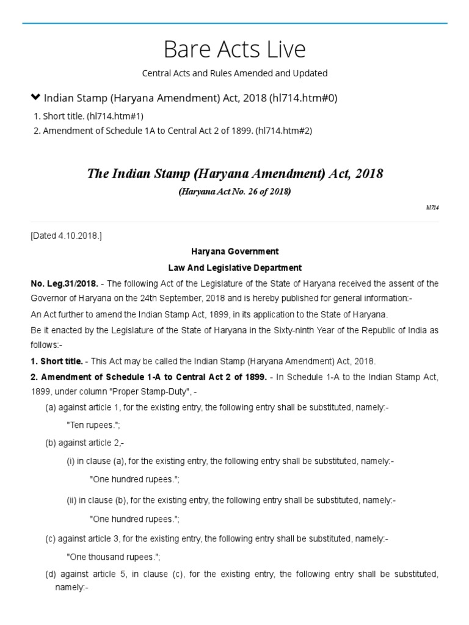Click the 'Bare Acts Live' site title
(234, 49)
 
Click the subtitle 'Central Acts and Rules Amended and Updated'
(234, 73)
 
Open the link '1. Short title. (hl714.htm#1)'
(89, 116)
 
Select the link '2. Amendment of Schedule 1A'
(173, 131)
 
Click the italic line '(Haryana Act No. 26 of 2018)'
(234, 192)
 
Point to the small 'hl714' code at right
(432, 208)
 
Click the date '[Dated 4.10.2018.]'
(66, 236)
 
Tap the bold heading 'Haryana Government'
(234, 251)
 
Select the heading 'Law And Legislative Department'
(234, 268)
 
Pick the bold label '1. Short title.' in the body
(57, 361)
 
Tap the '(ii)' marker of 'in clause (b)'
(72, 500)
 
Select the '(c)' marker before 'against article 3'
(51, 539)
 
